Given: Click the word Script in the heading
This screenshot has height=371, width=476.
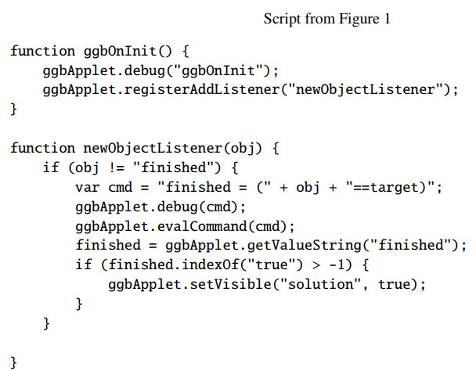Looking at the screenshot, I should (x=280, y=18).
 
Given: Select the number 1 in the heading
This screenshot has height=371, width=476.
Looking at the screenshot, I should (x=386, y=18).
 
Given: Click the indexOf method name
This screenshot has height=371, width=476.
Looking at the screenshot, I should (x=206, y=265).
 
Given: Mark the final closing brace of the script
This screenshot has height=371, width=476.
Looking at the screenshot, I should (x=13, y=361).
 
